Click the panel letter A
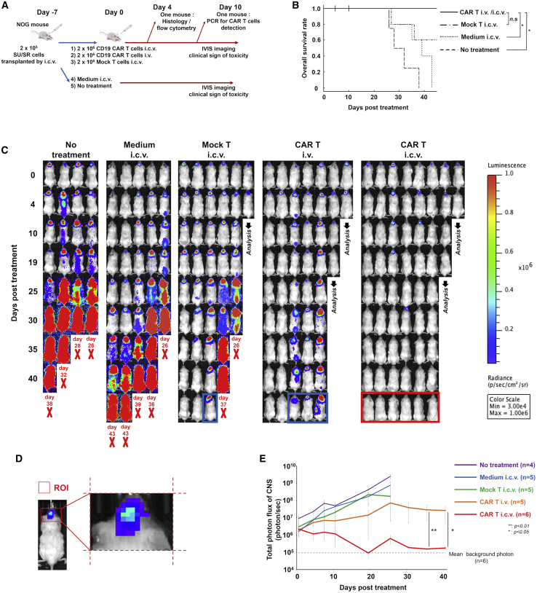coord(5,6)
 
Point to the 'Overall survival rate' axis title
coord(290,49)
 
